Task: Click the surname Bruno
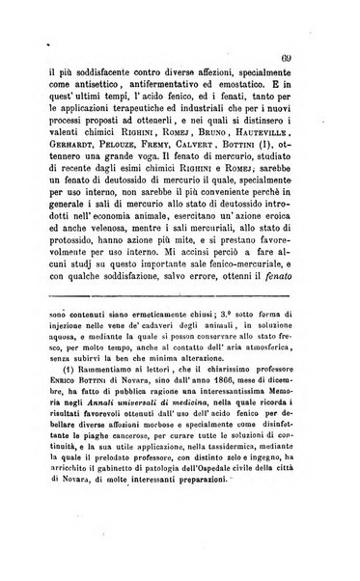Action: pyautogui.click(x=228, y=129)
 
